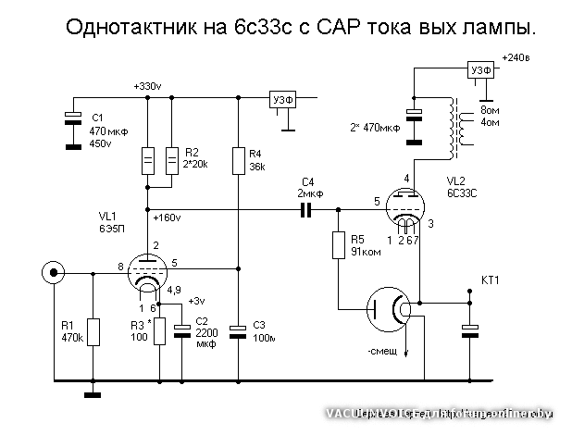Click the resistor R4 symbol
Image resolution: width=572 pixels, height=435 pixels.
pos(238,160)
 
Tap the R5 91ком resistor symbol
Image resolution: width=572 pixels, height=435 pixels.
pos(339,246)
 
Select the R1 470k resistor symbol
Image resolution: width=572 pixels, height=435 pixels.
pos(93,330)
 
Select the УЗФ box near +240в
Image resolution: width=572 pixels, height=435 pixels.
pos(481,71)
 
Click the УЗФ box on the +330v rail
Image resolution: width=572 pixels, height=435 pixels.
pos(282,100)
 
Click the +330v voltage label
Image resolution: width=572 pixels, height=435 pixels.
pos(147,86)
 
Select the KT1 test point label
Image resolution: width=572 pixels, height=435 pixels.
pos(491,280)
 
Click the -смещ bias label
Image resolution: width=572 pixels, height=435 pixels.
pos(382,352)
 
